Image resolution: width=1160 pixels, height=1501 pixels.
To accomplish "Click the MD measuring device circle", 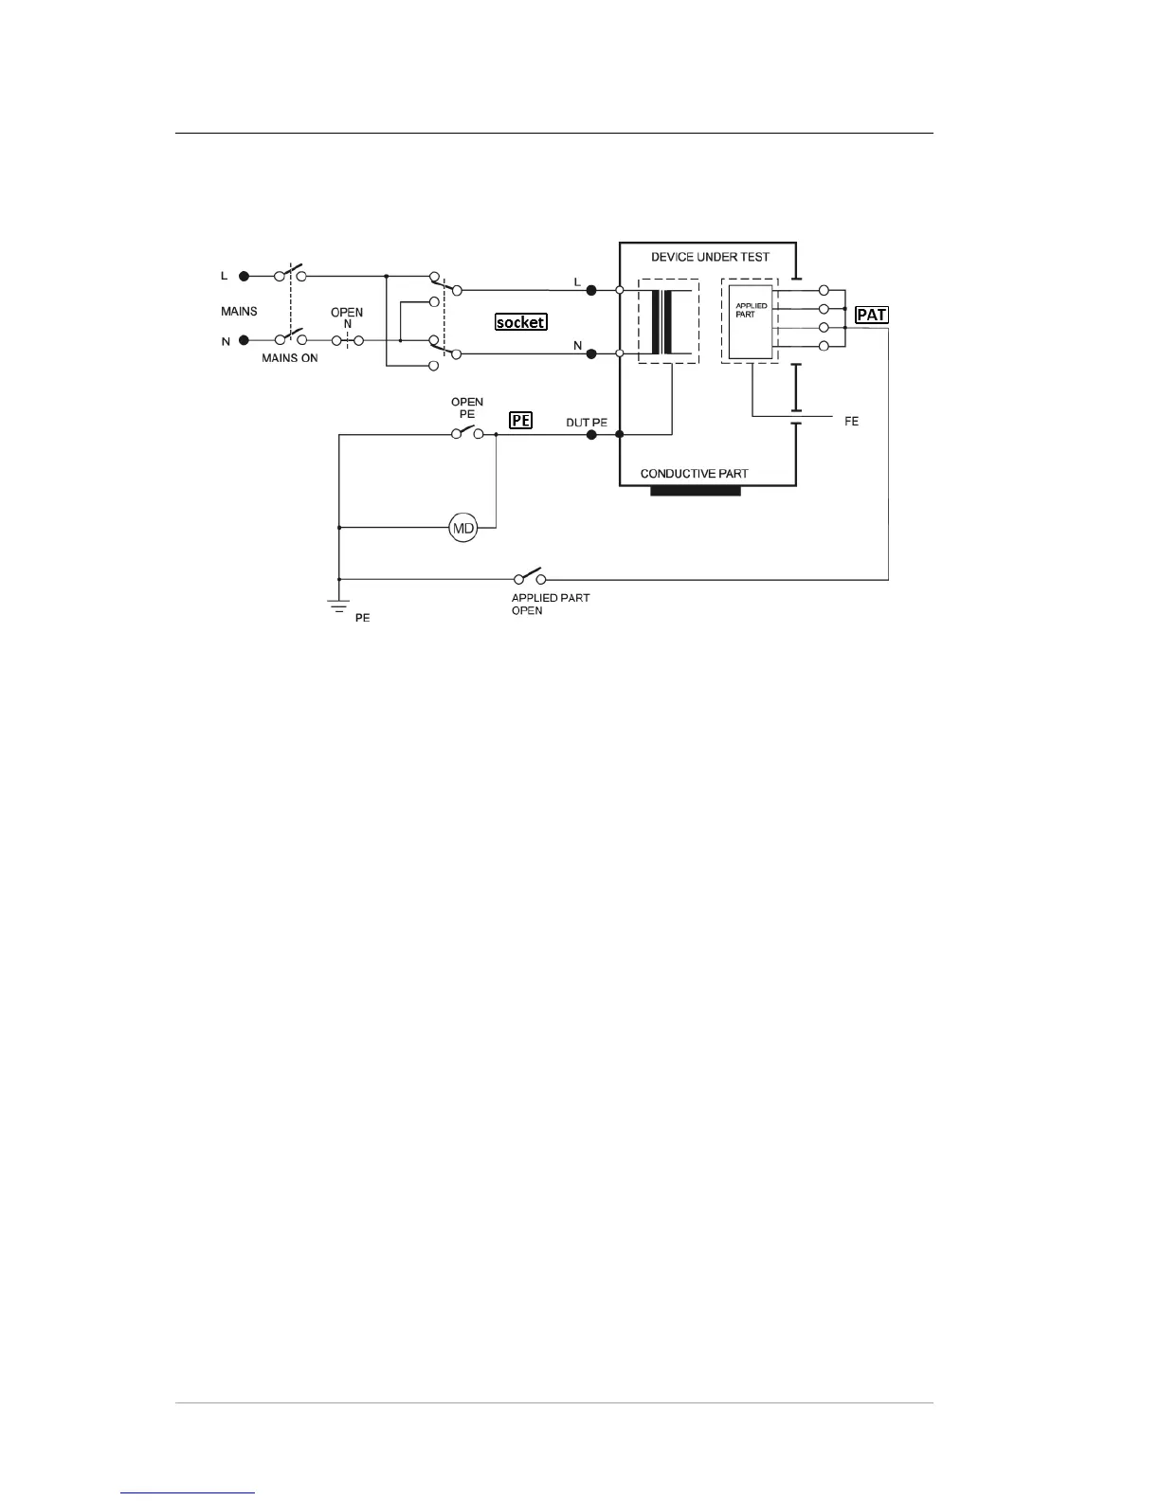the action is click(462, 529).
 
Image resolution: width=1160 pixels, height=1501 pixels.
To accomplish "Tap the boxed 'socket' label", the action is click(520, 322).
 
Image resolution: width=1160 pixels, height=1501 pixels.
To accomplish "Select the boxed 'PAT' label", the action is click(871, 315).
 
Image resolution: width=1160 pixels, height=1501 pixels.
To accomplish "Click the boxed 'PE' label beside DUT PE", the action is click(520, 420).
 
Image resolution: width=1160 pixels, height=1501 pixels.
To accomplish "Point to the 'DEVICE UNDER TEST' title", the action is click(710, 257).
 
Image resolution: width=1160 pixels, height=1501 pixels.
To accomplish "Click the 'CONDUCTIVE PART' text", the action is click(694, 473).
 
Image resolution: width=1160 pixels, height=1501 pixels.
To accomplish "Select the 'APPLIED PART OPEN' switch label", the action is click(550, 605).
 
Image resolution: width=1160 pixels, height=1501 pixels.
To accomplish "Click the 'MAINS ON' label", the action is click(290, 358).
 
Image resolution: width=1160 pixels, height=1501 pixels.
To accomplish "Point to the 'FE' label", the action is click(851, 422).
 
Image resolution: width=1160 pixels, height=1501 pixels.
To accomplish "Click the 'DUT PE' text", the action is click(586, 422).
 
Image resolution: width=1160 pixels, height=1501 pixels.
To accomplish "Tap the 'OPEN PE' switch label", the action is click(467, 407).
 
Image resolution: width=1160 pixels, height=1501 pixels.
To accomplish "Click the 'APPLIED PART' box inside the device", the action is click(751, 321).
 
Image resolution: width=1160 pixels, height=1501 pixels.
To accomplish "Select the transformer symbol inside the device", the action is click(668, 321).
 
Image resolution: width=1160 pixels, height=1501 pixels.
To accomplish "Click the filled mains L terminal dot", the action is click(245, 276).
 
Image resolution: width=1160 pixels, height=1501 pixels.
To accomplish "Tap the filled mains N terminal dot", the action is click(245, 340).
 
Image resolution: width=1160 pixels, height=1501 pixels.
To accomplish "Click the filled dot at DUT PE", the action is click(591, 435).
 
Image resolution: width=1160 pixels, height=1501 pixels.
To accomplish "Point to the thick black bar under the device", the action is click(695, 491).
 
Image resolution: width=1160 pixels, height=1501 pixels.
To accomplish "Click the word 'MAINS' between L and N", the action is click(239, 311).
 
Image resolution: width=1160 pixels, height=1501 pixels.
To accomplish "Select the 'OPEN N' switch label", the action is click(347, 317).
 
